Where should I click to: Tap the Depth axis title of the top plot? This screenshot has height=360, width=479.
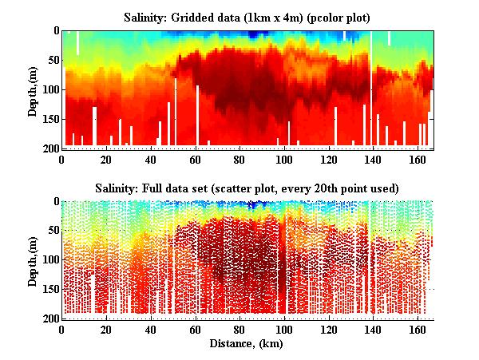point(33,89)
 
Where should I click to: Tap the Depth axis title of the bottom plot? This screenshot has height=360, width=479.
point(33,260)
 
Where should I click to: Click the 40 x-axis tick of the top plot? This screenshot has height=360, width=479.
point(150,159)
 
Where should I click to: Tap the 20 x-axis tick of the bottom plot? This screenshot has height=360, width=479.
point(106,330)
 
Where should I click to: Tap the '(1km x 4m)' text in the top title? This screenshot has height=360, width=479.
point(275,17)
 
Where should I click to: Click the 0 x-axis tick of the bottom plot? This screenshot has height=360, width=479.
point(61,330)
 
